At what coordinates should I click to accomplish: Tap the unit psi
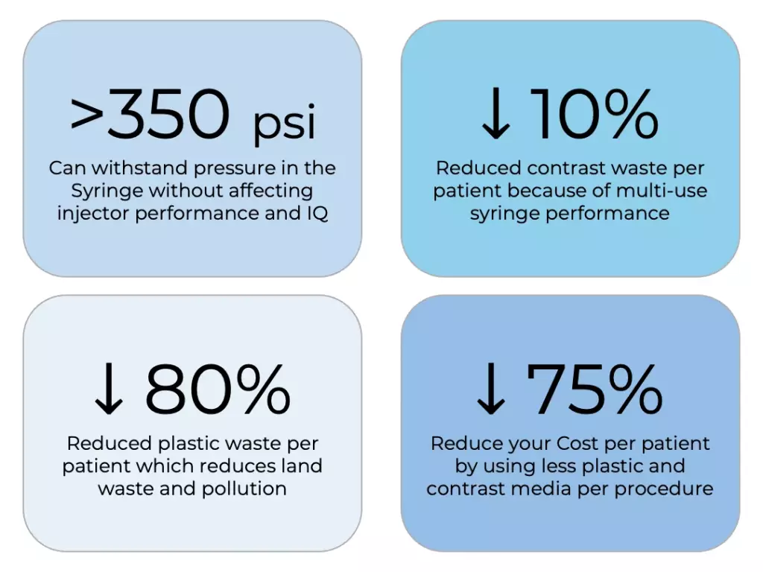[x=285, y=122]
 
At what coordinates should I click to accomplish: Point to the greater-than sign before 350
[x=87, y=113]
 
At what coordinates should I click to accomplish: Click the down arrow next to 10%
[x=496, y=113]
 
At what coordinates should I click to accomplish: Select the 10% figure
[x=595, y=113]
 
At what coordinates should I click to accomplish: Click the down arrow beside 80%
[x=109, y=389]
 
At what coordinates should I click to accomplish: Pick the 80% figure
[x=218, y=389]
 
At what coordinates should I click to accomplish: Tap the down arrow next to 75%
[x=491, y=389]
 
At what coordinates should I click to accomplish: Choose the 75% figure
[x=595, y=389]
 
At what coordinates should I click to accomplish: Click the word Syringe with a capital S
[x=107, y=191]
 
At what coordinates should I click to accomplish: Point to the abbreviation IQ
[x=317, y=213]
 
